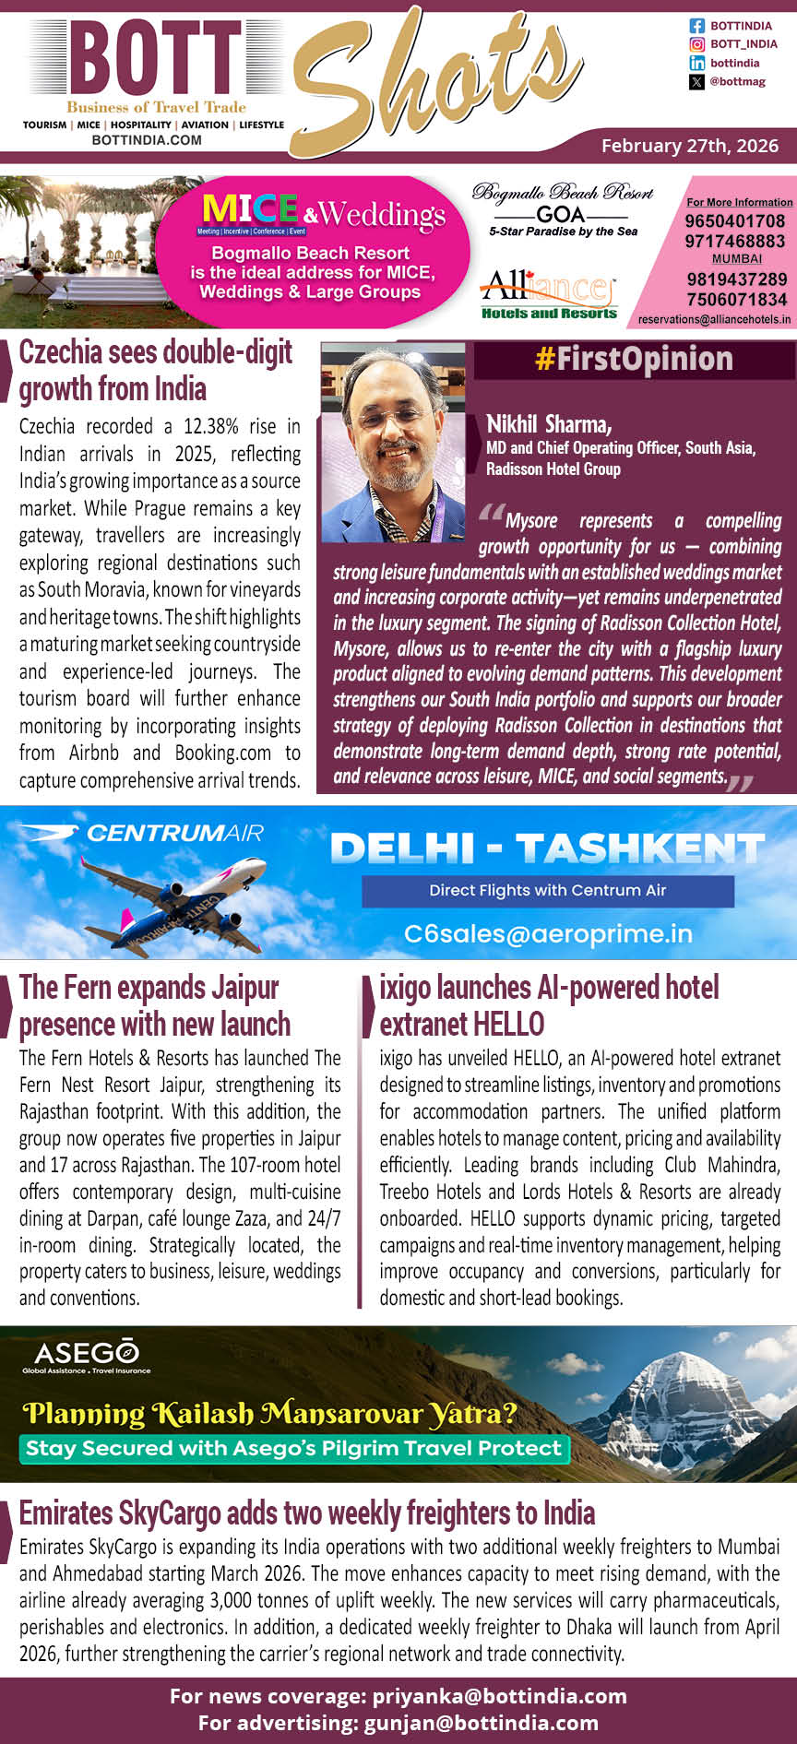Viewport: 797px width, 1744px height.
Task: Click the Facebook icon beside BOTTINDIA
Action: tap(696, 26)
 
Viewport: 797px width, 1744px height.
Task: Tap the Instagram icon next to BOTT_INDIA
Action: tap(696, 44)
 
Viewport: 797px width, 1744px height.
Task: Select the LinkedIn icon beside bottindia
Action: tap(696, 63)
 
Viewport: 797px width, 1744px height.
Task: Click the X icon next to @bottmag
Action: tap(696, 82)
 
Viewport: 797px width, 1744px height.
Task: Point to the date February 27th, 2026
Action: tap(689, 146)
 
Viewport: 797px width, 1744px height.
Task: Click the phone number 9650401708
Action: tap(734, 221)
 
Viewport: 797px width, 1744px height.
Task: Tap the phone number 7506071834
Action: tap(736, 300)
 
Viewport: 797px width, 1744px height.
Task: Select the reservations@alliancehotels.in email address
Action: tap(714, 319)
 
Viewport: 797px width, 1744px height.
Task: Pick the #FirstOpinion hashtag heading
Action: tap(634, 359)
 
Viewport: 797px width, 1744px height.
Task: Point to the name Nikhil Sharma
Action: tap(549, 424)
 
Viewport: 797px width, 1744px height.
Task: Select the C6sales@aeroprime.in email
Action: tap(548, 933)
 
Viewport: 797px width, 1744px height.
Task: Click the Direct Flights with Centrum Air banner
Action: tap(547, 890)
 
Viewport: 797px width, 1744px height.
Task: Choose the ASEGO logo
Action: tap(86, 1356)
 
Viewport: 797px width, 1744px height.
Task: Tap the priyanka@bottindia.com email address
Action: tap(499, 1696)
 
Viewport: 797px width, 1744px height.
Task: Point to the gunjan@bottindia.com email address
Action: tap(481, 1722)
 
